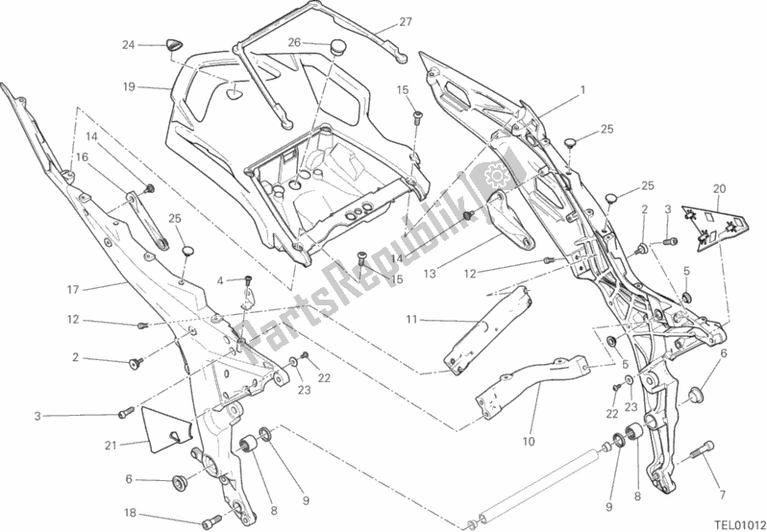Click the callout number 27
[405, 21]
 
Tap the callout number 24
[128, 44]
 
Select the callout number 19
[129, 86]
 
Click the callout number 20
[721, 188]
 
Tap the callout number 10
[528, 442]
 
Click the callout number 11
[410, 319]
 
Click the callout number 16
[81, 156]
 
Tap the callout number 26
[294, 41]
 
